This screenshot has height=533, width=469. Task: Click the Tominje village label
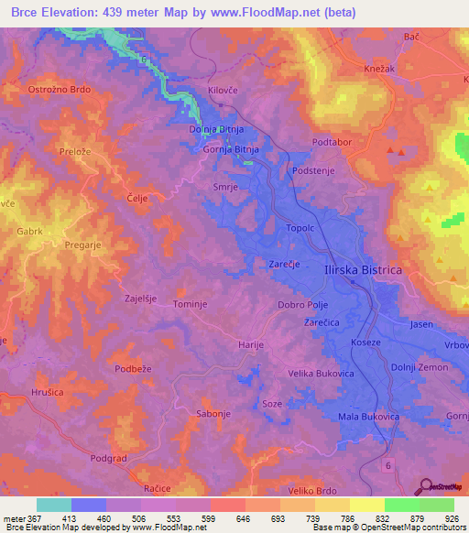(x=192, y=303)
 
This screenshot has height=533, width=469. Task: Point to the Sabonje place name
(x=213, y=414)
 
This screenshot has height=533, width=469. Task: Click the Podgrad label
(x=110, y=457)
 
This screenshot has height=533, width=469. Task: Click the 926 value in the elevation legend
(x=450, y=518)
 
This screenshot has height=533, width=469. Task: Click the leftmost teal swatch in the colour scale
(x=54, y=505)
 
